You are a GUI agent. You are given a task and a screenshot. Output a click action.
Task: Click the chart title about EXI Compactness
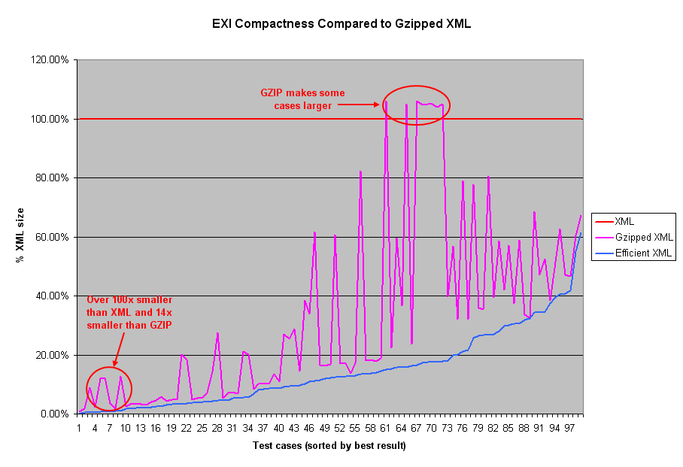coord(341,23)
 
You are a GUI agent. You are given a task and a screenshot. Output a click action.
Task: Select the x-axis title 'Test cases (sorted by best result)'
coord(329,446)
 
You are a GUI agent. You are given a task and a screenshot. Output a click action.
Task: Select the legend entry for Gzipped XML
coord(641,238)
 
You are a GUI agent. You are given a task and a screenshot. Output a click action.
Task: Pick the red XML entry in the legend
coord(624,222)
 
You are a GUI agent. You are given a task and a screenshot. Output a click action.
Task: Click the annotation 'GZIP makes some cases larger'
coord(302,99)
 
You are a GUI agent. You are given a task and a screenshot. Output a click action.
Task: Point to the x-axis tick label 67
coord(416,428)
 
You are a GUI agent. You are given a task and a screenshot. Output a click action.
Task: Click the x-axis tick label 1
coord(79,428)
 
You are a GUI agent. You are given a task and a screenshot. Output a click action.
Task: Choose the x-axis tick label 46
coord(308,428)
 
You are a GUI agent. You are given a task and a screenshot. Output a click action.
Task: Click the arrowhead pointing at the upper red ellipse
coord(378,105)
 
